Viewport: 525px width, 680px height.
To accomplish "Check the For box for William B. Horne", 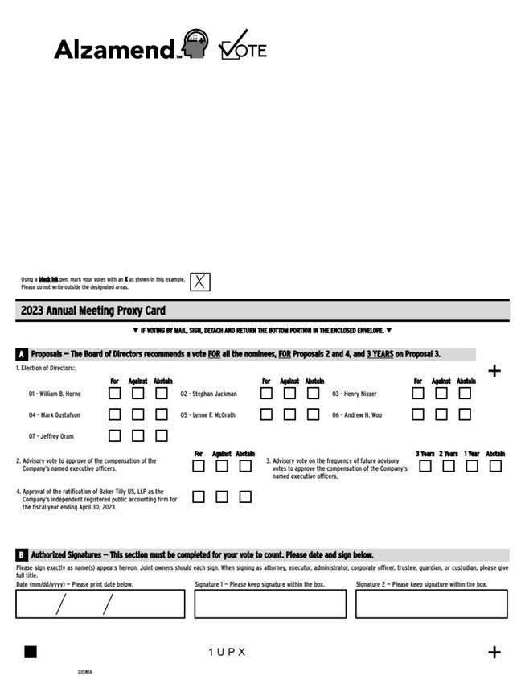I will (x=115, y=394).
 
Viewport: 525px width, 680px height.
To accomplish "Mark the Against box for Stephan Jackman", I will (x=289, y=394).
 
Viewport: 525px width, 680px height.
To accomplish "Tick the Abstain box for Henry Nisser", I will (x=465, y=394).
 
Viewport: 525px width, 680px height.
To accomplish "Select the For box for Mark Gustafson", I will (x=115, y=414).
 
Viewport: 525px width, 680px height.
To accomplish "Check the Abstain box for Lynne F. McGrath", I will (x=313, y=414).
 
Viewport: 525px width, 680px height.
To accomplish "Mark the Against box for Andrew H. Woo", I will (x=441, y=414).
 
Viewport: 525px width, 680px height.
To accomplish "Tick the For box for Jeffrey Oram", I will (x=115, y=435).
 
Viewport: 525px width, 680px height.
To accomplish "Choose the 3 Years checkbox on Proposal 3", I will (x=425, y=466).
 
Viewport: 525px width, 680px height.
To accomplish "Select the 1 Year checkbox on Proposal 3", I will (x=472, y=466).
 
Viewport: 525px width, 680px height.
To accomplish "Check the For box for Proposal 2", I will (x=199, y=466).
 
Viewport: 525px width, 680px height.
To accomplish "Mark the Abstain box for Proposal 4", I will (x=245, y=497).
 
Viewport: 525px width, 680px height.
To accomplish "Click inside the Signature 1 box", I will (x=270, y=604).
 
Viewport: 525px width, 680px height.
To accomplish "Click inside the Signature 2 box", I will (x=432, y=604).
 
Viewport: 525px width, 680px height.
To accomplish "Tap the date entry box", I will (x=100, y=604).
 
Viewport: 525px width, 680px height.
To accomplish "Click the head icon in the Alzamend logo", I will (x=195, y=44).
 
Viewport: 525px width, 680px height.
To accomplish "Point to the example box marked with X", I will (x=200, y=282).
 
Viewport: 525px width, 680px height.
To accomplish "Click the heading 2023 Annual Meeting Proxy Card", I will (x=93, y=311).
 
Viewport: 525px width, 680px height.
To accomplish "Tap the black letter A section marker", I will (x=22, y=354).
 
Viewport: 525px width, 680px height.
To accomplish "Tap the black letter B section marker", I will (x=22, y=555).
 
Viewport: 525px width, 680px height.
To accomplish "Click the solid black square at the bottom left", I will (x=31, y=652).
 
